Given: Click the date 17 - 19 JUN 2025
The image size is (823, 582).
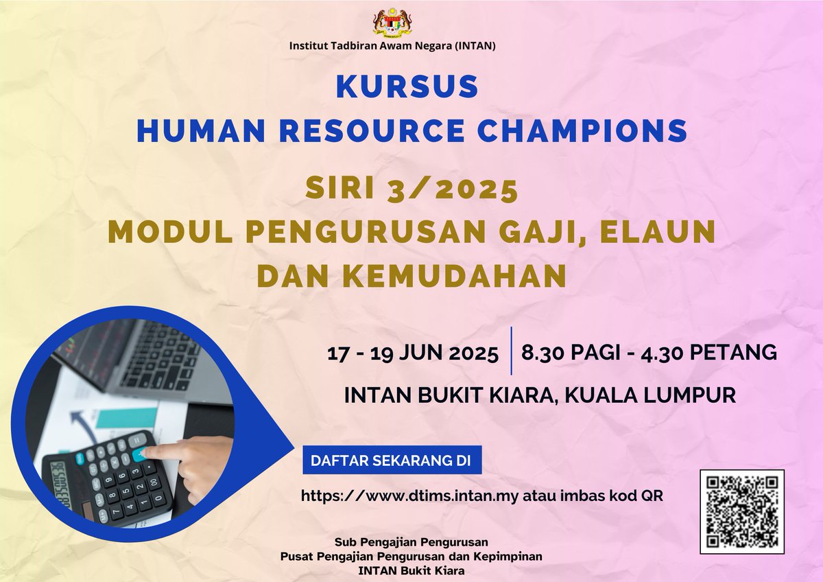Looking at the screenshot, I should click(413, 353).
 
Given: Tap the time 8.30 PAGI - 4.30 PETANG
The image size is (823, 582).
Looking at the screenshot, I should click(649, 353).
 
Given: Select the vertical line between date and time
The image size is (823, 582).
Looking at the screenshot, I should click(512, 351).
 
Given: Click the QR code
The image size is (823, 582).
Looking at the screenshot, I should click(741, 511).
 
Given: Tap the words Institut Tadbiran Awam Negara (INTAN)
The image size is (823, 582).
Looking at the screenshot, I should click(393, 47).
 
